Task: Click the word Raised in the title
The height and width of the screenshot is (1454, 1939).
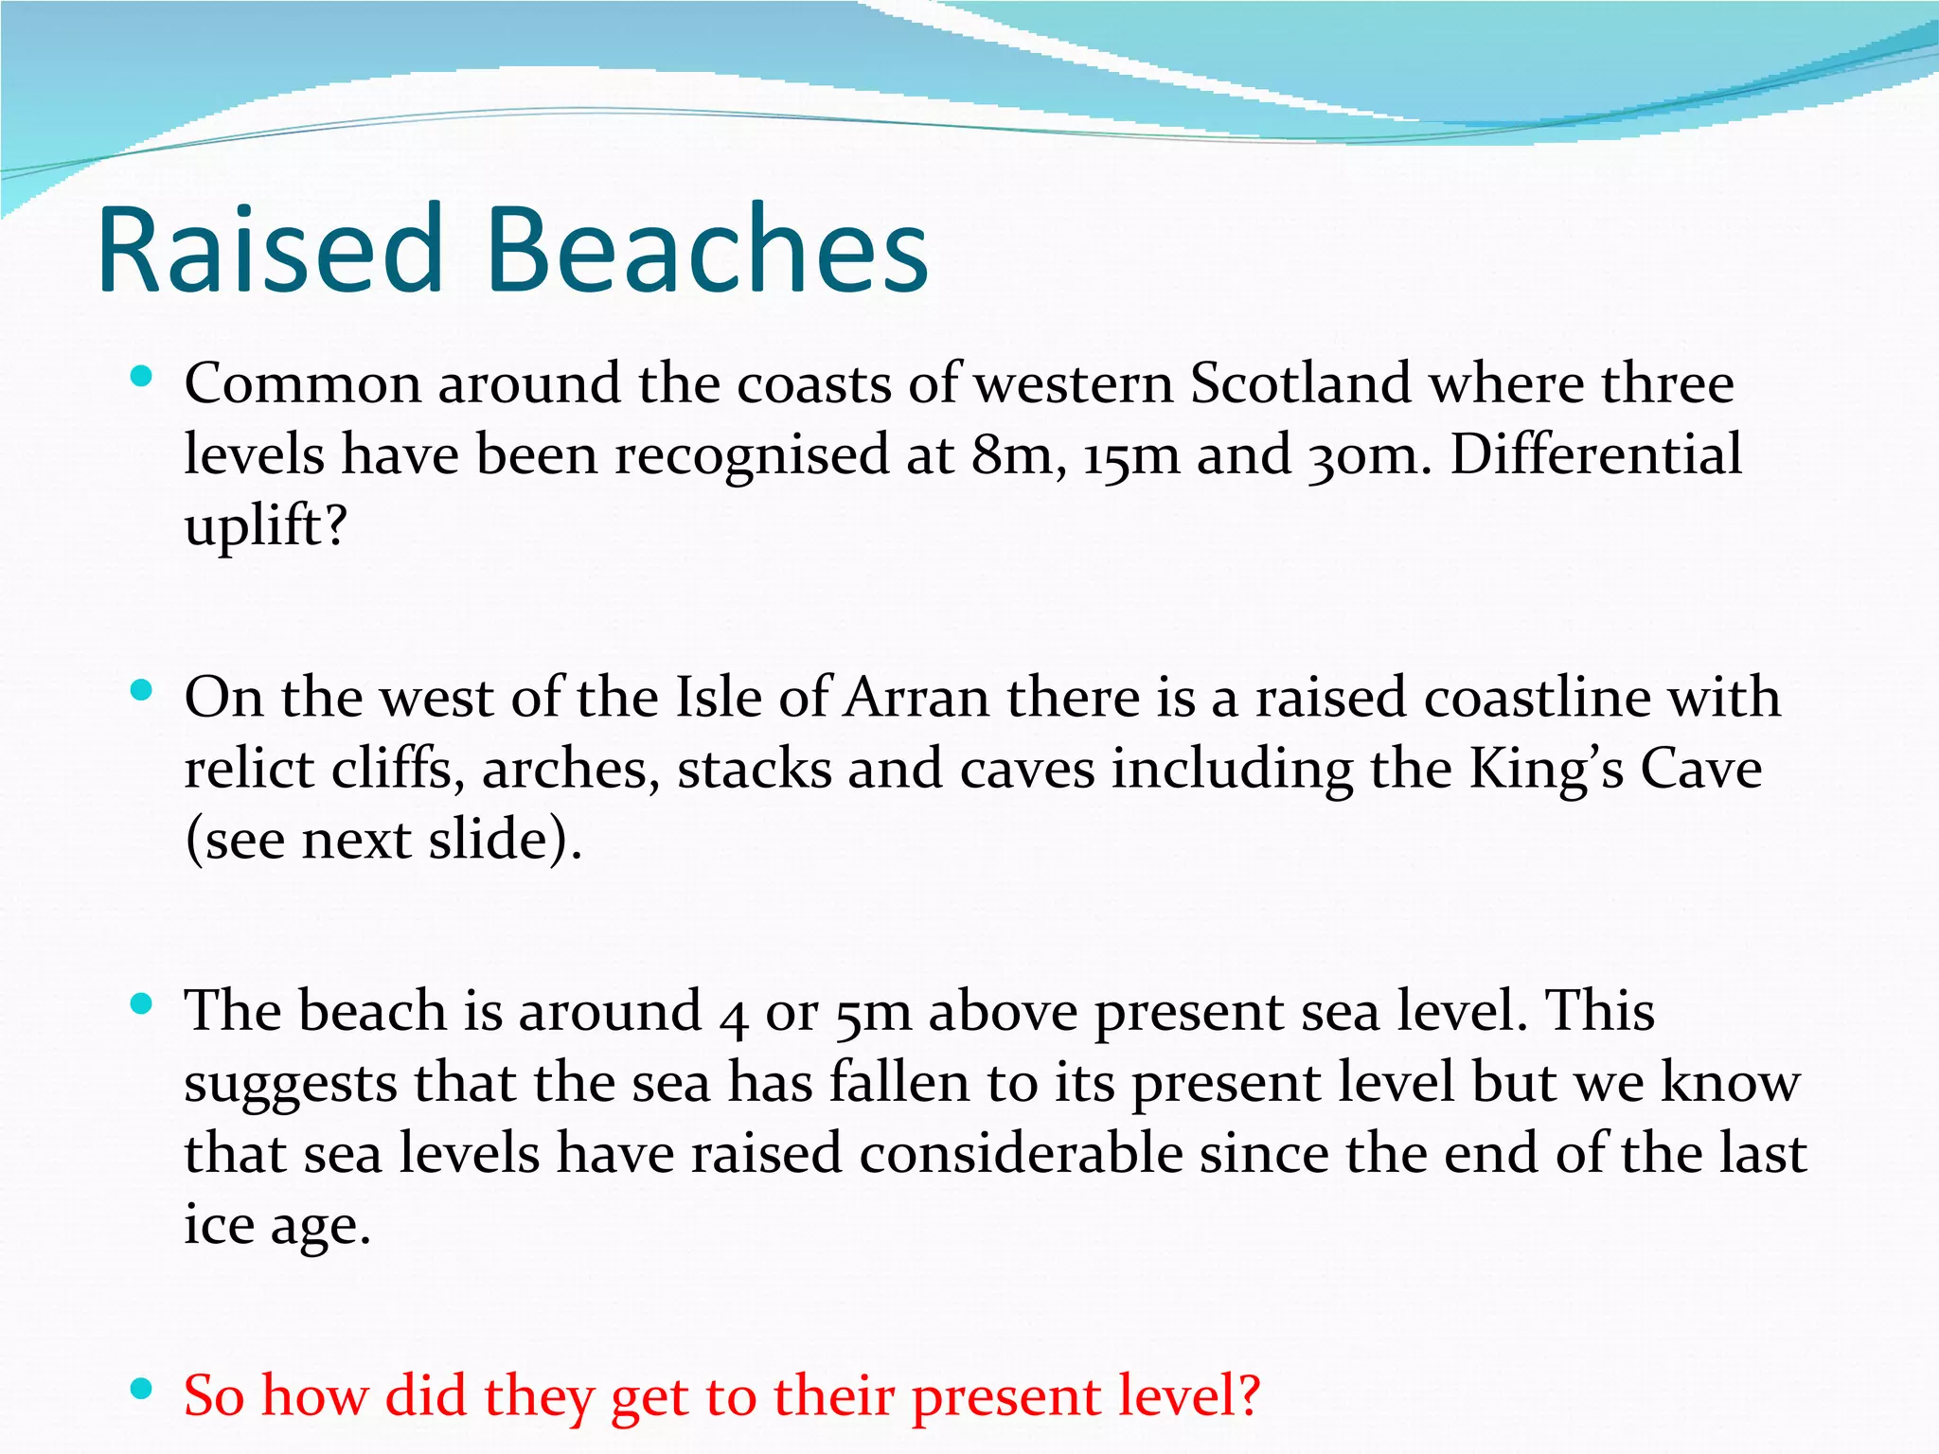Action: tap(271, 250)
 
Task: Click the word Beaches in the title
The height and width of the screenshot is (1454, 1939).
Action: tap(706, 250)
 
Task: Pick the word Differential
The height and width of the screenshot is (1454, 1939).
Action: tap(1596, 455)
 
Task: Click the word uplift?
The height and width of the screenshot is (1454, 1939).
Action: tap(266, 526)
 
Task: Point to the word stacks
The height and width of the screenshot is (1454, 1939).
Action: tap(755, 769)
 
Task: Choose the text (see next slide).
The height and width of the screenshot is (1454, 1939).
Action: tap(383, 840)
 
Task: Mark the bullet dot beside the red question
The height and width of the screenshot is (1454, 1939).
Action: tap(141, 1390)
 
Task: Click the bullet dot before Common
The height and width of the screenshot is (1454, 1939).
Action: tap(141, 377)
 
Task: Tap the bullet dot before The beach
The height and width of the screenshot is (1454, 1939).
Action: tap(141, 1004)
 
